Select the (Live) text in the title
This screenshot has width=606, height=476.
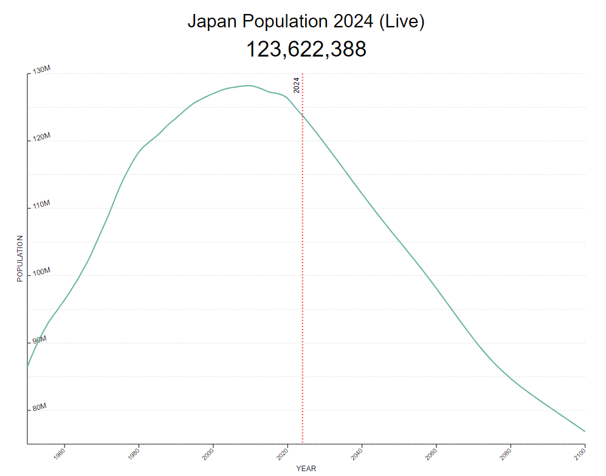click(x=401, y=21)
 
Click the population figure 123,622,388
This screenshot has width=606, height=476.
click(x=306, y=49)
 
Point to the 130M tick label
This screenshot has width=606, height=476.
click(x=41, y=71)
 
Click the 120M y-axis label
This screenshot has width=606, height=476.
click(x=41, y=138)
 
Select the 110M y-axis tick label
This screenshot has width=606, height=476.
click(x=41, y=205)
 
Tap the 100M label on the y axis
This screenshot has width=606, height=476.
click(x=41, y=272)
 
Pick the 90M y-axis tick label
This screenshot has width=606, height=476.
click(x=40, y=340)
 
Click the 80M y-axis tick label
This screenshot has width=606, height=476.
click(x=40, y=407)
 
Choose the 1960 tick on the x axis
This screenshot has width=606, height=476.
click(x=59, y=454)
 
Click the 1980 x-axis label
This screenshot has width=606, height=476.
click(x=134, y=454)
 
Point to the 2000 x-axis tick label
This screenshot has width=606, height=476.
click(x=208, y=454)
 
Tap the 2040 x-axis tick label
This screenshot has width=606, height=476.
click(x=357, y=454)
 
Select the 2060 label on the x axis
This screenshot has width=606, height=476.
click(x=431, y=454)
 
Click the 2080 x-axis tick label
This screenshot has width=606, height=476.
click(x=506, y=454)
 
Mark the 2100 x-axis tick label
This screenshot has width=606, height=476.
click(x=580, y=454)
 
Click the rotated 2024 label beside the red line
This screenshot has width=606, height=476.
click(x=297, y=85)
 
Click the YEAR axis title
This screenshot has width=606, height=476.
click(x=306, y=469)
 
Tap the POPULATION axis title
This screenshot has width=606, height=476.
click(x=19, y=258)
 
